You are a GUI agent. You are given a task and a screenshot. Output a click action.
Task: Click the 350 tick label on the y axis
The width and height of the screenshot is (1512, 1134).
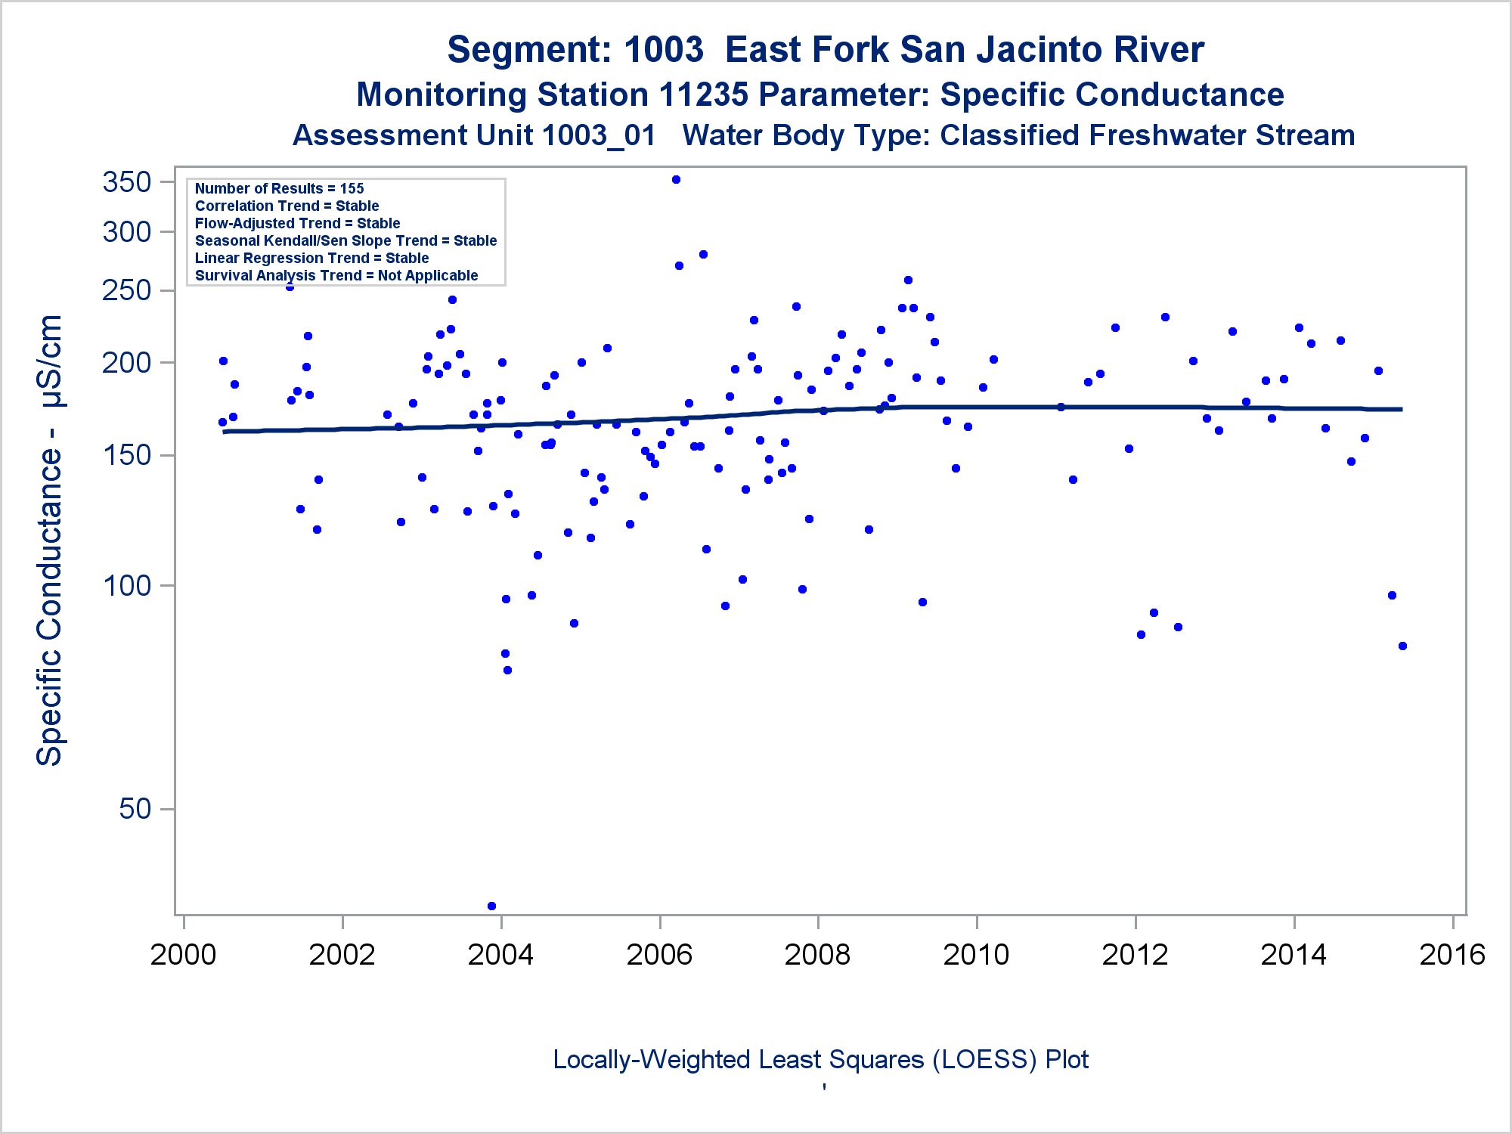pyautogui.click(x=126, y=182)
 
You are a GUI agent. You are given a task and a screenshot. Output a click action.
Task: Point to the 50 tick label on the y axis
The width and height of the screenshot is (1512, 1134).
pyautogui.click(x=135, y=809)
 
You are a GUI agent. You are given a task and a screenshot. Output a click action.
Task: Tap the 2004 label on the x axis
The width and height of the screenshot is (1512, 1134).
pyautogui.click(x=500, y=955)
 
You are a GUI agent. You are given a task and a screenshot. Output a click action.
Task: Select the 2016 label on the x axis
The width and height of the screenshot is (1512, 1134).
pyautogui.click(x=1452, y=955)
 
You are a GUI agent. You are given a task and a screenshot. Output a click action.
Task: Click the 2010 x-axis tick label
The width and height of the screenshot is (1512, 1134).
pyautogui.click(x=976, y=955)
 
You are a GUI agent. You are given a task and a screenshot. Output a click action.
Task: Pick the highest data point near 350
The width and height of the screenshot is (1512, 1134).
pyautogui.click(x=676, y=180)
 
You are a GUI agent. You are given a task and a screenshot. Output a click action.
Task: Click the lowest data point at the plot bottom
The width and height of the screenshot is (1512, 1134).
pyautogui.click(x=491, y=906)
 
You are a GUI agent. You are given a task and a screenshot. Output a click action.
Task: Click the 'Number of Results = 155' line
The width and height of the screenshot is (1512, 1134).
pyautogui.click(x=279, y=188)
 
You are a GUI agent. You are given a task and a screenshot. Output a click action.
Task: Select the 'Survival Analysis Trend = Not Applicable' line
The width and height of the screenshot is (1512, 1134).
pyautogui.click(x=336, y=275)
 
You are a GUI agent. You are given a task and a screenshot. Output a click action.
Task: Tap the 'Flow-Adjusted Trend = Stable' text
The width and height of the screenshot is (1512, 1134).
pyautogui.click(x=297, y=223)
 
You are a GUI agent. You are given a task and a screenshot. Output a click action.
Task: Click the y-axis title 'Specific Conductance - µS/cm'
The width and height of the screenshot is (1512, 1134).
pyautogui.click(x=50, y=540)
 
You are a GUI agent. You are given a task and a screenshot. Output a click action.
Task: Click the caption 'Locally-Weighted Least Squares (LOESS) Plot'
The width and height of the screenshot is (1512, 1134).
pyautogui.click(x=820, y=1059)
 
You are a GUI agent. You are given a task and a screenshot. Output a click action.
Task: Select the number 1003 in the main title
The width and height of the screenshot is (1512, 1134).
pyautogui.click(x=664, y=50)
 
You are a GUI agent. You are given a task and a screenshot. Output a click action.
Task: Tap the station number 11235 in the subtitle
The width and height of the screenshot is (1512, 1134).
pyautogui.click(x=703, y=95)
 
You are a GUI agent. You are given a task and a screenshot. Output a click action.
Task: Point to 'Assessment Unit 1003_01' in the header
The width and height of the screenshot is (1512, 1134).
pyautogui.click(x=474, y=135)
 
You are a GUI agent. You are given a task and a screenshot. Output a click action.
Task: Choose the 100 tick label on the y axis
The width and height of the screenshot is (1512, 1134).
pyautogui.click(x=126, y=585)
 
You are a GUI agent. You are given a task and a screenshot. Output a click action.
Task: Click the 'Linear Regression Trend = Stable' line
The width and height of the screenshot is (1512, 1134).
pyautogui.click(x=311, y=258)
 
